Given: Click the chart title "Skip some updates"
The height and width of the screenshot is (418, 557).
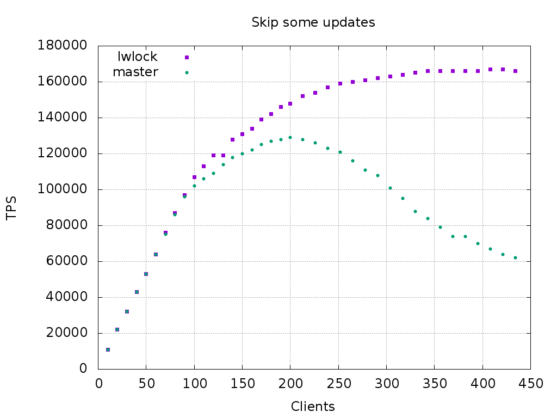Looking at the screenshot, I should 313,22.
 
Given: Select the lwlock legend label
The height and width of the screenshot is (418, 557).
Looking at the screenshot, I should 138,57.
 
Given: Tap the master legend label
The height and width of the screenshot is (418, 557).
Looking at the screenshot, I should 135,72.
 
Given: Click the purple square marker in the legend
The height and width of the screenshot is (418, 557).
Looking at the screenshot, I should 187,57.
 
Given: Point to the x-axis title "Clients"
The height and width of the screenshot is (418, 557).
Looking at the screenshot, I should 313,407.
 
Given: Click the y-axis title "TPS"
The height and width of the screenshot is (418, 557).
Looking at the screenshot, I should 11,208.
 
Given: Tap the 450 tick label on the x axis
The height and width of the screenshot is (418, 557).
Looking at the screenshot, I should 530,383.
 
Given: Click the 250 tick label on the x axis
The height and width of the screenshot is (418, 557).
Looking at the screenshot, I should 338,383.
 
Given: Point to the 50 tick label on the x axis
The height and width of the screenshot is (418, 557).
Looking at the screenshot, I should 146,383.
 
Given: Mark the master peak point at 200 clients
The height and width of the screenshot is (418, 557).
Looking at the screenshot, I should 290,137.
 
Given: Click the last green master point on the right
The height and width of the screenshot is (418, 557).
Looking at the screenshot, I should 515,257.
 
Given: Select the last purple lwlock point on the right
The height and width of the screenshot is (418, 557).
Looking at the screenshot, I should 515,71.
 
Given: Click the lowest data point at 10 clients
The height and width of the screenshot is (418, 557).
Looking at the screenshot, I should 108,349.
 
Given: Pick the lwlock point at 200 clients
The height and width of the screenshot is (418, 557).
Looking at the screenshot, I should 290,103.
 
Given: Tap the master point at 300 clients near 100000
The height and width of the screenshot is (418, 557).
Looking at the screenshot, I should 390,188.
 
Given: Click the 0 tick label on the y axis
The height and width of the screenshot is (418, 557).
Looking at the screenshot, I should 83,369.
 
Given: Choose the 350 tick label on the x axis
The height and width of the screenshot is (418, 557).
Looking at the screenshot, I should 434,383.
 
